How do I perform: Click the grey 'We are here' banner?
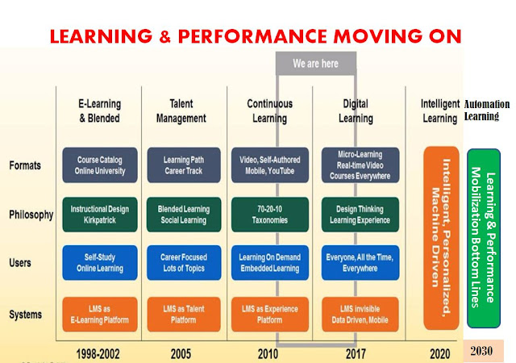tap(316, 63)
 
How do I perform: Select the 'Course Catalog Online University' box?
tap(100, 165)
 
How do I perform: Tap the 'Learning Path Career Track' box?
tap(184, 165)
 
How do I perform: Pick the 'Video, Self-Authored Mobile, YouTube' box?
tap(270, 165)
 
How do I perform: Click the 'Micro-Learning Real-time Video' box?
tap(360, 165)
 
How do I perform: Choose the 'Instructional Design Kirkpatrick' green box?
tap(100, 215)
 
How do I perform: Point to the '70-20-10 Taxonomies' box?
tap(270, 215)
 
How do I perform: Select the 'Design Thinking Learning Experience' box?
tap(360, 215)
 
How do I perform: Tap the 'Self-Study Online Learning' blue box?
tap(100, 262)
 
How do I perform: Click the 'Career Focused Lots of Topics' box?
tap(184, 262)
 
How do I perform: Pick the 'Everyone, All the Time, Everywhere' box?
tap(360, 262)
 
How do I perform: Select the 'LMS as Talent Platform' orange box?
tap(184, 315)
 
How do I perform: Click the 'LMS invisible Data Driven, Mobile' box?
tap(360, 315)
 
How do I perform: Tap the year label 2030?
tap(481, 351)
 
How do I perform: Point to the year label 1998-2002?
tap(98, 354)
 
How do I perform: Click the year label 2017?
tap(356, 354)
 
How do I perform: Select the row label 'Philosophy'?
tap(31, 215)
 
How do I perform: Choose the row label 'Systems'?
tap(25, 315)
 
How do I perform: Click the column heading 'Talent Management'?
tap(181, 111)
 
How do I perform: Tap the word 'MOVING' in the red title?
tap(377, 36)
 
